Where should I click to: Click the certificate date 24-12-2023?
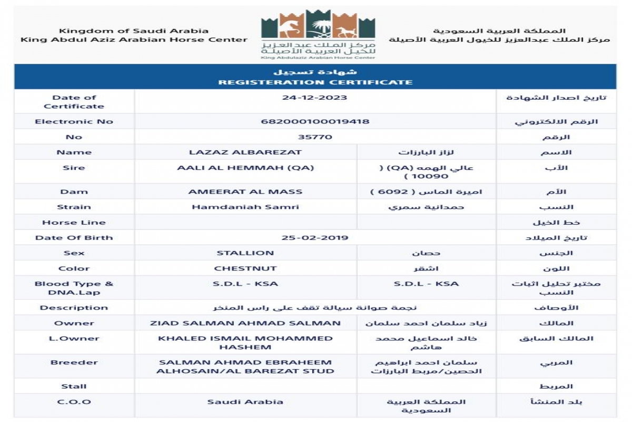point(314,98)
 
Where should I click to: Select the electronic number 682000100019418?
point(315,121)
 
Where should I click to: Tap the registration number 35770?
point(315,137)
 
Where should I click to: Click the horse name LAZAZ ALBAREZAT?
point(245,152)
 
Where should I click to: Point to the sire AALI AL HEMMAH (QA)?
point(245,168)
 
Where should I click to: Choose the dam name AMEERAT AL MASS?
point(245,191)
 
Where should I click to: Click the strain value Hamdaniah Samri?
point(245,207)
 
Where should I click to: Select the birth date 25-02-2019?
point(315,237)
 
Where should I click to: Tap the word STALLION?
point(245,253)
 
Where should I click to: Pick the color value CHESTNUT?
point(245,268)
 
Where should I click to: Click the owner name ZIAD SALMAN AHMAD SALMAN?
point(245,323)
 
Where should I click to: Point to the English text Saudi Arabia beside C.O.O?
point(245,401)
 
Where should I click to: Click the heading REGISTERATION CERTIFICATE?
point(315,82)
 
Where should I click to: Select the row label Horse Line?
point(74,222)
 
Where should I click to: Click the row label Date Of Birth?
point(74,237)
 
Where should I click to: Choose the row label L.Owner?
point(74,338)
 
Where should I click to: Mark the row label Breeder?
point(74,362)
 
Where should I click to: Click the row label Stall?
point(74,386)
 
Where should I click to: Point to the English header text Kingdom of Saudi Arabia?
point(134,31)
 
